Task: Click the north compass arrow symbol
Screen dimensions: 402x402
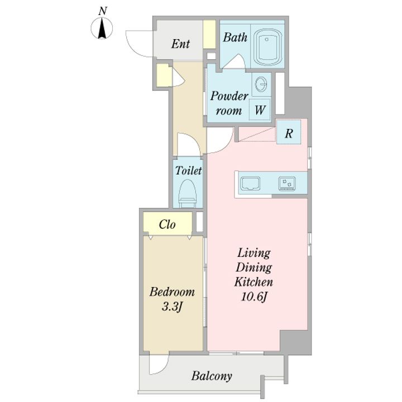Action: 102,28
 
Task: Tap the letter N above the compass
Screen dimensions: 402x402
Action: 103,11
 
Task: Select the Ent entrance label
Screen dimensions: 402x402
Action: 180,44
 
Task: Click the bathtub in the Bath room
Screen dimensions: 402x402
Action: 268,48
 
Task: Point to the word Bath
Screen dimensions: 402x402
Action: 235,37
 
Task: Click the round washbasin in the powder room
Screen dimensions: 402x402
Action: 261,84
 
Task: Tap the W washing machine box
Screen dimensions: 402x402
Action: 260,109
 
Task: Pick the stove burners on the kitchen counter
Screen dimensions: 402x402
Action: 287,184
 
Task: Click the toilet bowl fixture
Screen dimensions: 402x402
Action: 188,193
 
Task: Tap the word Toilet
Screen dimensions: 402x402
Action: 189,170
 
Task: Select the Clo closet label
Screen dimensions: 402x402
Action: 167,224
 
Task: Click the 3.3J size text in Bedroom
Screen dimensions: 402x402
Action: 172,307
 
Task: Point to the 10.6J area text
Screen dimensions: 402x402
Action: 254,297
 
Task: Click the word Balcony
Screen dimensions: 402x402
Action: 212,376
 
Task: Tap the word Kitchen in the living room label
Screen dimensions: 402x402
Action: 254,282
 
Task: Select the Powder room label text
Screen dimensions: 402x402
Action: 229,103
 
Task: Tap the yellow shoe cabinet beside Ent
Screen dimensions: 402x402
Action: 209,34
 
